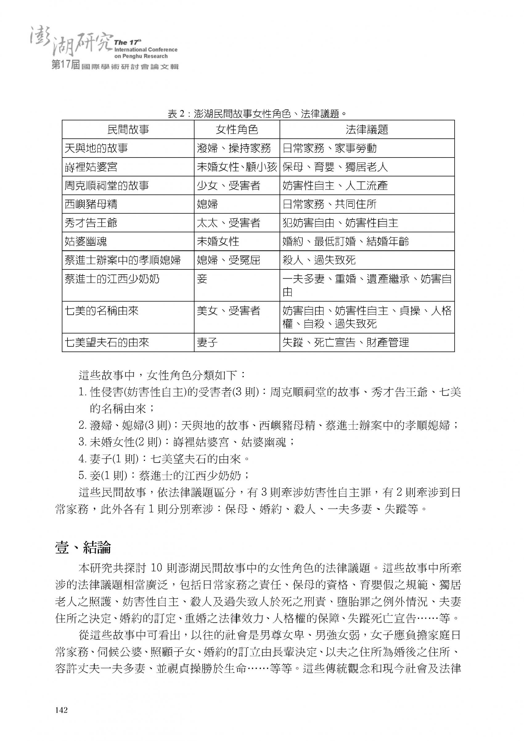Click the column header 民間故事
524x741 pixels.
[x=128, y=129]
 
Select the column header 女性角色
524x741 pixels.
[x=237, y=129]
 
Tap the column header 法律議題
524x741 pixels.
[x=367, y=129]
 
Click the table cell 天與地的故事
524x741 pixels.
[x=96, y=148]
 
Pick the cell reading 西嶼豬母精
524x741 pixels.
[x=91, y=204]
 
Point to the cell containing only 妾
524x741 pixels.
[x=202, y=279]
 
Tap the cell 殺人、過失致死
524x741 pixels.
[x=319, y=260]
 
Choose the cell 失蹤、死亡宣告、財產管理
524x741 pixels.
[x=346, y=342]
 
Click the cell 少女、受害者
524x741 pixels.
[x=228, y=186]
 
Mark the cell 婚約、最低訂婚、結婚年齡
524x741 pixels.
[x=346, y=241]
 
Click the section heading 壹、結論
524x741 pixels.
[x=83, y=547]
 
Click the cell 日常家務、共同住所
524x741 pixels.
[x=330, y=204]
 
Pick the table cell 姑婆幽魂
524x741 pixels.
[x=85, y=241]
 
